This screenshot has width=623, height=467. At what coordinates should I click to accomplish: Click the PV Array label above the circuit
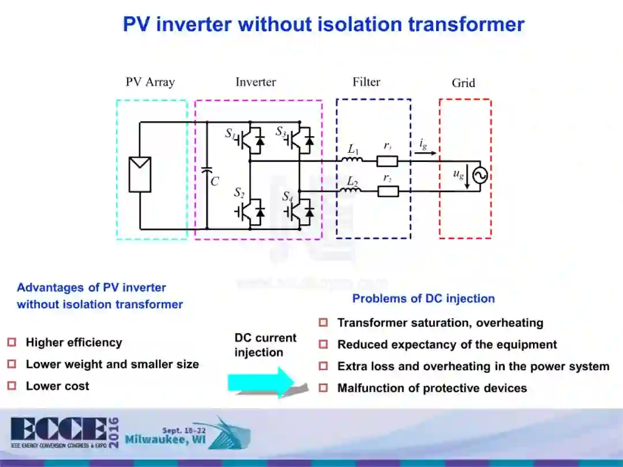150,82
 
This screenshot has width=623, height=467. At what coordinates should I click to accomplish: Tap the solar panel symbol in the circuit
140,174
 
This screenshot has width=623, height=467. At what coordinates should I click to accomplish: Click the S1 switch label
230,134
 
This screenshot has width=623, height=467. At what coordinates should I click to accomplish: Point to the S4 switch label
287,197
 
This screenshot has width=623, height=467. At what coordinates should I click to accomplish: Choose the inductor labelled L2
351,188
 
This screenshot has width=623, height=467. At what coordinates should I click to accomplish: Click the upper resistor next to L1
388,161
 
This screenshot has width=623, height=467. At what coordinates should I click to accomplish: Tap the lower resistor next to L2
388,191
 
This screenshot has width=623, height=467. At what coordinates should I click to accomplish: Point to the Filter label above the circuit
366,82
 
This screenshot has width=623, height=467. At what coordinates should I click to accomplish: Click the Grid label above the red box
463,83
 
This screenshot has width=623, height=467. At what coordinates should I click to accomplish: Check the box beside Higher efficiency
12,342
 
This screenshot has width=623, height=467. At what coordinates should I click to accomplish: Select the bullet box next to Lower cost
12,386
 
